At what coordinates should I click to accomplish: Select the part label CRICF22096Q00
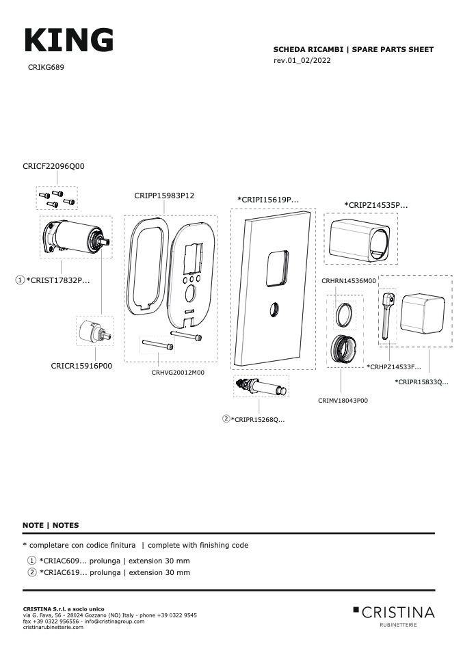tap(53, 166)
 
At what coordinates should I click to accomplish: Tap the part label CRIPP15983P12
tap(164, 196)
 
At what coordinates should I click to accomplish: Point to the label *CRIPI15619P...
tap(268, 200)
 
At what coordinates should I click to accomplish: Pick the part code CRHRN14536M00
tap(349, 281)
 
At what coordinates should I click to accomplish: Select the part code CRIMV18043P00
tap(343, 401)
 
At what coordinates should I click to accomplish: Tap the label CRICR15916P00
tap(81, 366)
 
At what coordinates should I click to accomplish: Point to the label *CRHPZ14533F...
tap(394, 367)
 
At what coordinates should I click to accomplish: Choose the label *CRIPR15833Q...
tap(421, 382)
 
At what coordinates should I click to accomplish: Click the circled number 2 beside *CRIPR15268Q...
tap(226, 418)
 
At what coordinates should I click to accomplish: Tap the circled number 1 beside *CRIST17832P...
tap(20, 280)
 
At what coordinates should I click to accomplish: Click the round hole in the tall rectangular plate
tap(272, 308)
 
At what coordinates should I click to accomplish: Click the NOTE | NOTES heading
tap(51, 525)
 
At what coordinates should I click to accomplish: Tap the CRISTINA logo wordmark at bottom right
tap(397, 611)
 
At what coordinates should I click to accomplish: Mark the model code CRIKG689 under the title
tap(47, 68)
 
